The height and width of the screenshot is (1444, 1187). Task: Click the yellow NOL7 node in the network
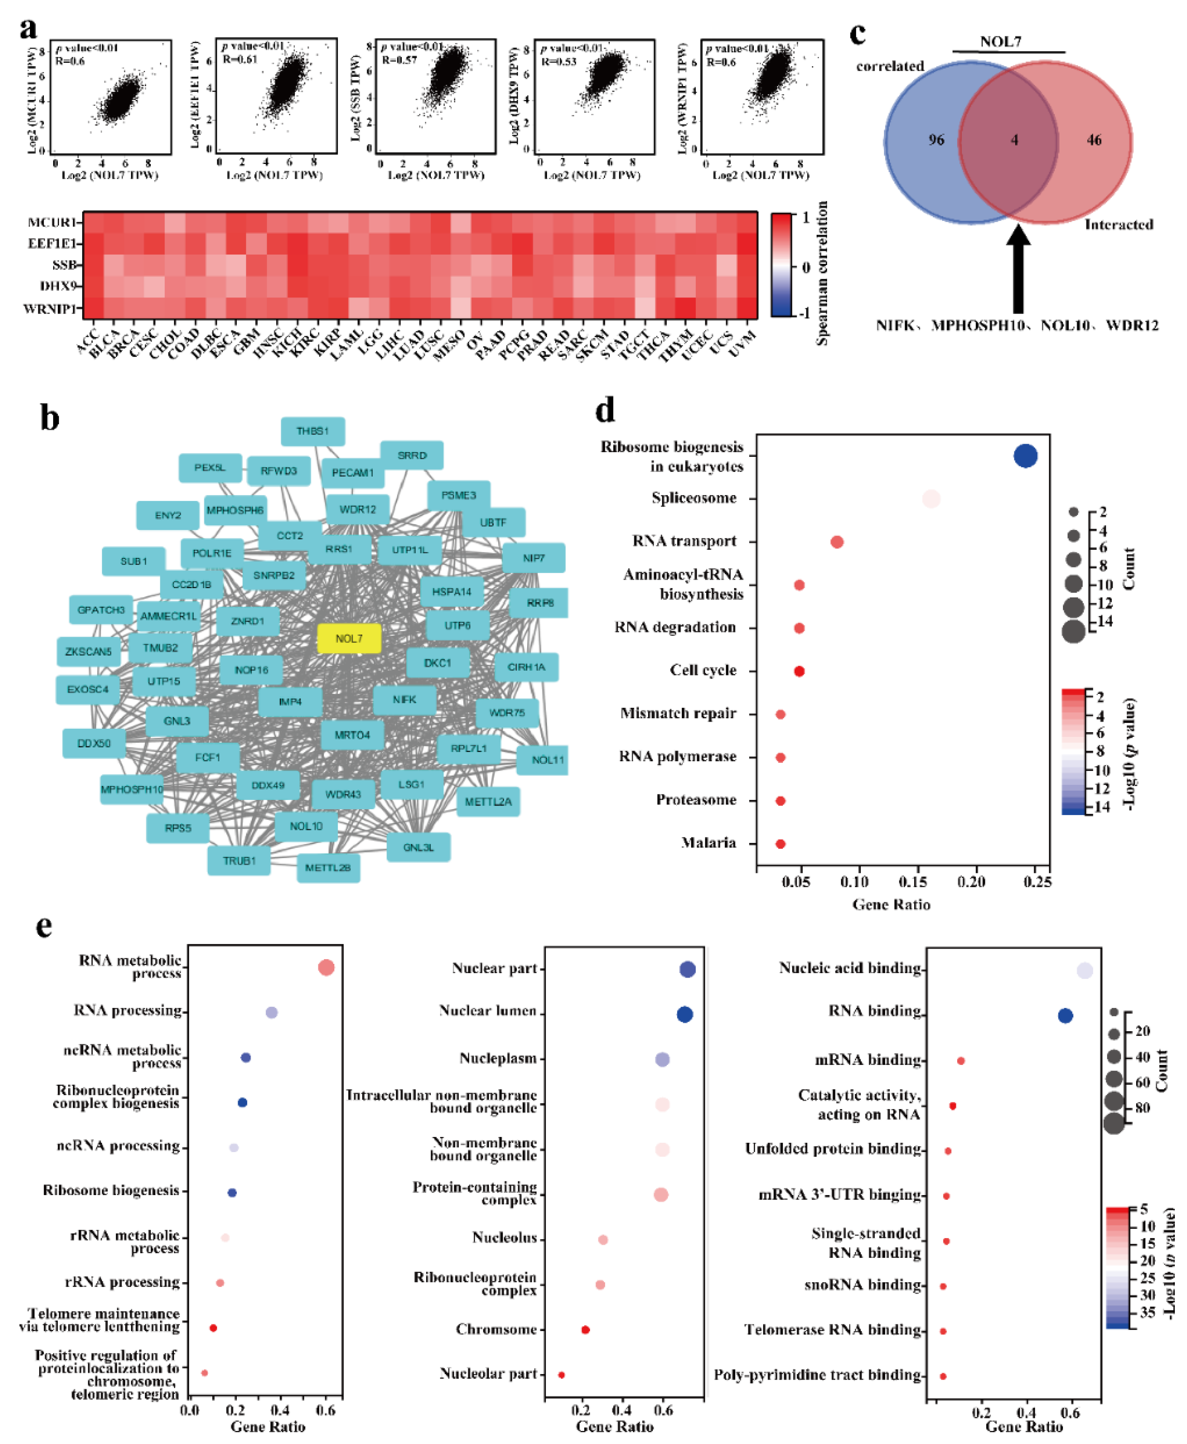click(x=349, y=639)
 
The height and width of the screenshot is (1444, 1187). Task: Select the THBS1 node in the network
click(x=313, y=432)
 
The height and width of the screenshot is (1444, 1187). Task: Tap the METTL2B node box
click(x=328, y=868)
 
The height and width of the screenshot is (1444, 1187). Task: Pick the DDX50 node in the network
click(x=94, y=743)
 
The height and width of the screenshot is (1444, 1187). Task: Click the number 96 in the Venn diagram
click(x=936, y=140)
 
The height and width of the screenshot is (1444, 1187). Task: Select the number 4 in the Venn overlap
click(x=1015, y=140)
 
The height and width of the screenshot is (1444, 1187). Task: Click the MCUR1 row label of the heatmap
click(x=52, y=222)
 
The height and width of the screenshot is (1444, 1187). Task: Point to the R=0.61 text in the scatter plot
click(x=239, y=59)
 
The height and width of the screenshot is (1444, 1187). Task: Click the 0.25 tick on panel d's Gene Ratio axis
click(x=1037, y=882)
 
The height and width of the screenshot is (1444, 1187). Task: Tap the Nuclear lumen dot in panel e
click(x=684, y=1015)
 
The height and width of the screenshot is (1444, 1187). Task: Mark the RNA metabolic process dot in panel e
click(x=326, y=967)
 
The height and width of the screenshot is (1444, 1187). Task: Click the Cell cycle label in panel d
click(x=703, y=670)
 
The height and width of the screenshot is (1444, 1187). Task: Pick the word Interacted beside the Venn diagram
click(x=1119, y=225)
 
